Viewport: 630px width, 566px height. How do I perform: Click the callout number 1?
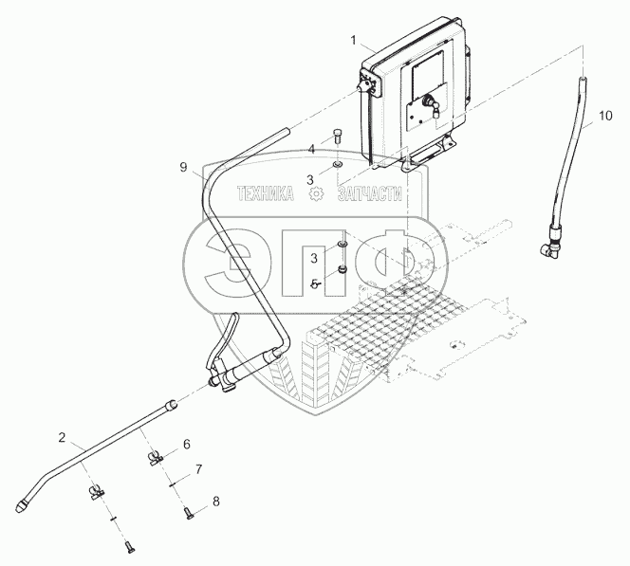click(354, 41)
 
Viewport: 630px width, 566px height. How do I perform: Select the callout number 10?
click(605, 116)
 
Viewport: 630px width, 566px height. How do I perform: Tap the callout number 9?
click(183, 167)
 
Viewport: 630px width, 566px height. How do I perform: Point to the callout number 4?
click(311, 150)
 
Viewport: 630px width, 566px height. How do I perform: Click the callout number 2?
click(62, 438)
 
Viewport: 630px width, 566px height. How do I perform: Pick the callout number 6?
click(186, 445)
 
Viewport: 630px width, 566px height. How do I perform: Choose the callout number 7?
click(198, 469)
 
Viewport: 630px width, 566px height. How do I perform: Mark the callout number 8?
click(216, 502)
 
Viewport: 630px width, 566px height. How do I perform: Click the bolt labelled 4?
click(337, 137)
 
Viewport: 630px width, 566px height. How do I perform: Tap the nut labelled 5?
click(342, 270)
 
